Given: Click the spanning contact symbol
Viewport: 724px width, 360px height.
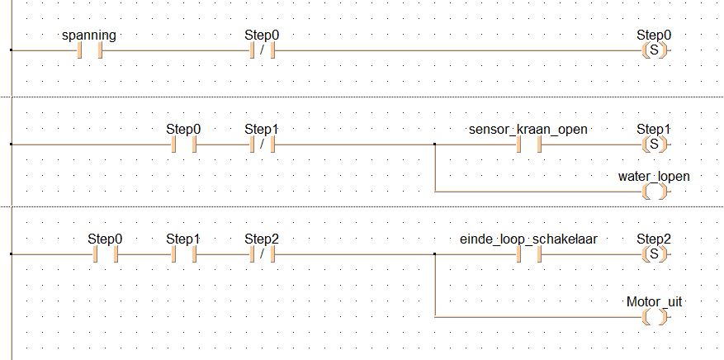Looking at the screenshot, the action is point(90,50).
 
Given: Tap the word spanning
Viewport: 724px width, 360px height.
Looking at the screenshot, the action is point(88,36).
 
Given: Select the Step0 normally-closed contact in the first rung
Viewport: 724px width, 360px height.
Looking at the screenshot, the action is point(263,50).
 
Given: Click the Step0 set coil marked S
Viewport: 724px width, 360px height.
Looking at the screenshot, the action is point(655,50).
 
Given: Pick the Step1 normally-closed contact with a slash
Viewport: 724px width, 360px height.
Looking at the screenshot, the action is point(263,144).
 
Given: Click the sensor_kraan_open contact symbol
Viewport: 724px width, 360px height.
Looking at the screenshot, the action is point(528,144).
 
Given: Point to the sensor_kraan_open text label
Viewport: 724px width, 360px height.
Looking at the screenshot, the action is point(528,130).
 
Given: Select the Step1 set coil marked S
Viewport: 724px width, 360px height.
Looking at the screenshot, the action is point(655,144).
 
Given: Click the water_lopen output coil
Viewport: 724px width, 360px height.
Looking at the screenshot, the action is point(655,192).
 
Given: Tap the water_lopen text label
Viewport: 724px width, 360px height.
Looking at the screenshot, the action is point(654,177).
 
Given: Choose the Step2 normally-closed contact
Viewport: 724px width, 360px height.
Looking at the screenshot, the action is point(263,253).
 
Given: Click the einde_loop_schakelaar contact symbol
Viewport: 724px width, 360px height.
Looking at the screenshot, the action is point(528,253).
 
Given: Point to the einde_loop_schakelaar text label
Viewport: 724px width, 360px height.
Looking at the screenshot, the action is point(528,239).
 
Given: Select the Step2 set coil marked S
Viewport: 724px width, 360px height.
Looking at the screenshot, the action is point(655,253).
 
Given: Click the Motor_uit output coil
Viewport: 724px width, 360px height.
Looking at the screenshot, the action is point(655,317).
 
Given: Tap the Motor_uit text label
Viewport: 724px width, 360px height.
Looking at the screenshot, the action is point(654,302).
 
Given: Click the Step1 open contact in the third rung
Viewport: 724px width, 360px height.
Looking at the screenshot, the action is point(184,253).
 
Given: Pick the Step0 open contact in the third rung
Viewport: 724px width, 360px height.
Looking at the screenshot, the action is point(106,253).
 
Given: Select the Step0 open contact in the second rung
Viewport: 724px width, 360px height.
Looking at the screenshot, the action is point(184,144).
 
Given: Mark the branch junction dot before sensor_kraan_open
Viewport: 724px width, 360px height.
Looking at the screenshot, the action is point(434,144).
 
